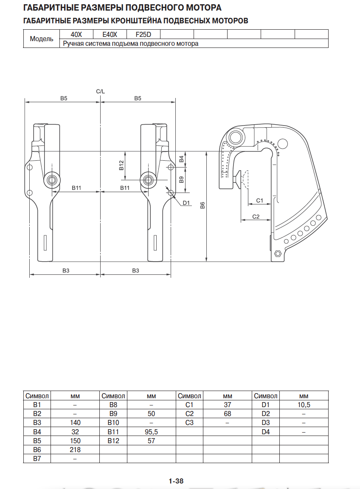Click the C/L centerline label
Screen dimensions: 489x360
pos(100,91)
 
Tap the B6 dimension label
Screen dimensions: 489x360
pos(202,205)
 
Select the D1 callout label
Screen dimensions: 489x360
pos(186,203)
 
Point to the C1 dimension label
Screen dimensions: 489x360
pos(260,200)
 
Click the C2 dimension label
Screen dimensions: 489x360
pos(256,216)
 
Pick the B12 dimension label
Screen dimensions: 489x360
pos(121,165)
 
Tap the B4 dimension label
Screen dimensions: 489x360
pos(181,159)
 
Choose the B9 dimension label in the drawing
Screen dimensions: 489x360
pos(181,179)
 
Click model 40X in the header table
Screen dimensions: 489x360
pos(76,34)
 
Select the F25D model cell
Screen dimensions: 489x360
pos(143,34)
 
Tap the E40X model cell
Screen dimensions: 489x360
pos(110,34)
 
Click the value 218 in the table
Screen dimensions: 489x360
pos(75,450)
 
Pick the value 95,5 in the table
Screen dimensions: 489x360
pos(152,432)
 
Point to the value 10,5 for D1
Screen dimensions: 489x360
pos(304,405)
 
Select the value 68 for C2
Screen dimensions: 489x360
pos(228,414)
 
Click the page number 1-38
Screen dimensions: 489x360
pos(176,481)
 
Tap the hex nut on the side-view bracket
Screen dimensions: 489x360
pos(278,254)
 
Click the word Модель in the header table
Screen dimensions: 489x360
pos(42,39)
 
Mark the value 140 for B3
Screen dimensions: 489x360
pos(75,423)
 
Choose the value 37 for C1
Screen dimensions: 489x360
pos(228,405)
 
